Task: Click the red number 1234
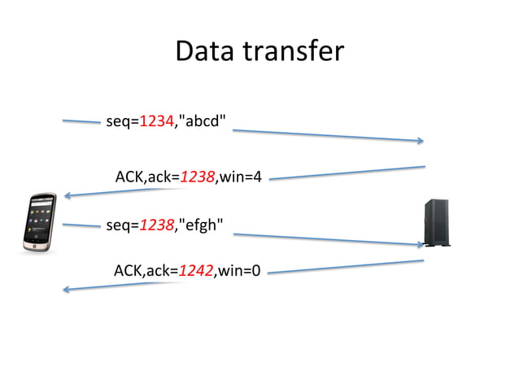156,122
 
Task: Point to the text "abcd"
203,122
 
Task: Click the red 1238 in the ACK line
197,176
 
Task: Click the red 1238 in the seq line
157,225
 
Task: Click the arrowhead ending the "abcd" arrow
421,141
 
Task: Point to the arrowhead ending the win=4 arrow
68,195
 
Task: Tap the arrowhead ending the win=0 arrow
66,288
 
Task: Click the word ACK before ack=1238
130,176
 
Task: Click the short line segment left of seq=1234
81,122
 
